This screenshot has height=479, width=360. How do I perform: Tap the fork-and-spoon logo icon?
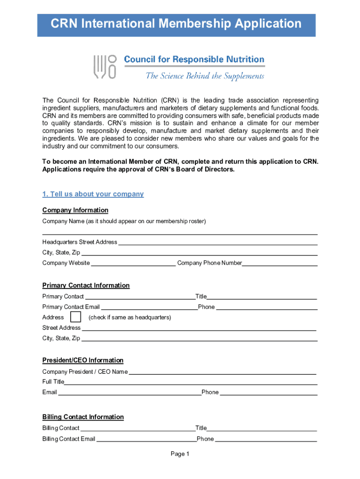pyautogui.click(x=105, y=67)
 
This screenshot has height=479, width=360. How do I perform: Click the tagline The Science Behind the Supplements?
pyautogui.click(x=205, y=76)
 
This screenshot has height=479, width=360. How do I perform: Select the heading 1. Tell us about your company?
pyautogui.click(x=93, y=194)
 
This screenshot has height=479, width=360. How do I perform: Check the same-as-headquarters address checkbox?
pyautogui.click(x=75, y=317)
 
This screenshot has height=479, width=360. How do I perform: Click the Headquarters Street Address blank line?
pyautogui.click(x=217, y=242)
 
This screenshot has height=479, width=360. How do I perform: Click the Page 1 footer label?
pyautogui.click(x=180, y=454)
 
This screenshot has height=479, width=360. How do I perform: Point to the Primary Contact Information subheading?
pyautogui.click(x=86, y=285)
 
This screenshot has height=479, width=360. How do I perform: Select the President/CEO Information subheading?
pyautogui.click(x=83, y=360)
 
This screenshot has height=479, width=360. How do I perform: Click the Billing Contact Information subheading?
pyautogui.click(x=83, y=417)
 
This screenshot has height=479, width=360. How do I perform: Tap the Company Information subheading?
pyautogui.click(x=75, y=210)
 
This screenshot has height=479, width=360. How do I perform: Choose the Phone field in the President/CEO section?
pyautogui.click(x=268, y=392)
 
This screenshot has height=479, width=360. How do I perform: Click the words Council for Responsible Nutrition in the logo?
pyautogui.click(x=194, y=60)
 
